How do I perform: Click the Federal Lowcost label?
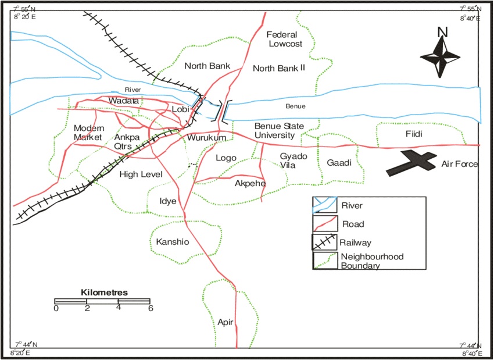click(285, 39)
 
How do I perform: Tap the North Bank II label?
click(279, 68)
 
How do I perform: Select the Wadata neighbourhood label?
click(123, 101)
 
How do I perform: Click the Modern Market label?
click(88, 133)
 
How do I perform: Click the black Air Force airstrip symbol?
click(411, 162)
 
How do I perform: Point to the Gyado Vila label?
click(293, 161)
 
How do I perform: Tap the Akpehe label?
click(250, 184)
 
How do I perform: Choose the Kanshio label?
click(173, 242)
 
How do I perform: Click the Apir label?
click(225, 322)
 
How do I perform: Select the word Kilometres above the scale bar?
click(104, 292)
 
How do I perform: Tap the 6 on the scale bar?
click(149, 308)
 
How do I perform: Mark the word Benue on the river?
click(295, 107)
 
